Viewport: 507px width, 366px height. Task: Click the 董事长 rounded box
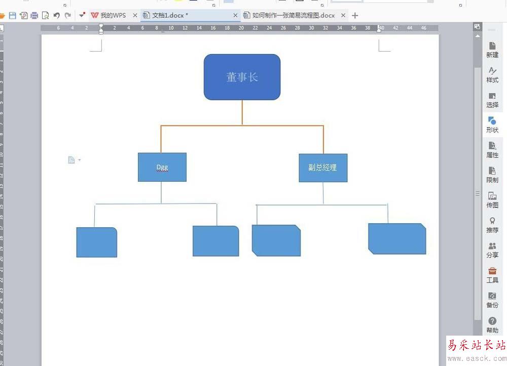[x=242, y=77]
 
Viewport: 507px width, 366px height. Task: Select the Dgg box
[x=162, y=167]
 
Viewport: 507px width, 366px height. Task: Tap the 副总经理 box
[x=323, y=168]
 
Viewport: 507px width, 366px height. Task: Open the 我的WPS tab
[x=109, y=16]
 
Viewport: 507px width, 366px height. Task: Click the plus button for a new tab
[x=355, y=16]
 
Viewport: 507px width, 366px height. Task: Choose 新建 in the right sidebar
[x=492, y=50]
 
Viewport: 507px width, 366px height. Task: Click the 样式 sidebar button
[x=492, y=74]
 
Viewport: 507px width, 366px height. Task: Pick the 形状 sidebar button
[x=492, y=125]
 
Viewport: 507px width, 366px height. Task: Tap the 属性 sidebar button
[x=492, y=149]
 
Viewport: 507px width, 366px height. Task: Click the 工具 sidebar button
[x=492, y=275]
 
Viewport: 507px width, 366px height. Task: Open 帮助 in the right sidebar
[x=492, y=325]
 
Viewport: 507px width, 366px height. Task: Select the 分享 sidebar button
[x=492, y=250]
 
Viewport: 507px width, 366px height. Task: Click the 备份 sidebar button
[x=492, y=300]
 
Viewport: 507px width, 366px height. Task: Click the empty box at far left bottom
[x=96, y=242]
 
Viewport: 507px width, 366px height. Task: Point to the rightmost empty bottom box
[x=397, y=238]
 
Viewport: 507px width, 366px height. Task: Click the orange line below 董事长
[x=242, y=112]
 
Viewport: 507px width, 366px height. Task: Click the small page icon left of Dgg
[x=71, y=160]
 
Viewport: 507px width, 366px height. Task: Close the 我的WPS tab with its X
[x=135, y=16]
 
